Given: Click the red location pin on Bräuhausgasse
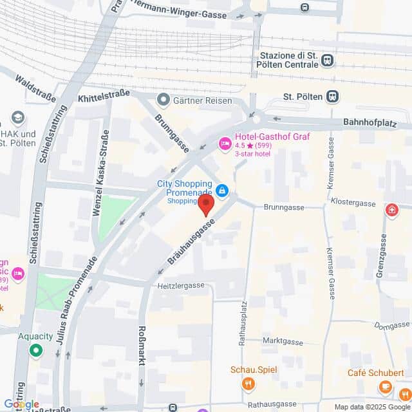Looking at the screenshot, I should (x=205, y=205).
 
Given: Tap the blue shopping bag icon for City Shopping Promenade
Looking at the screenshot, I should (x=222, y=191).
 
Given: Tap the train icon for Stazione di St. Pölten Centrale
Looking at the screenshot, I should (x=328, y=61).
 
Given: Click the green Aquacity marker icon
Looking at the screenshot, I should (x=35, y=351).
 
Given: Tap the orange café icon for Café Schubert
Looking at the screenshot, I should (x=385, y=387).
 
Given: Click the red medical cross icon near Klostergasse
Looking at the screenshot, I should (x=391, y=210).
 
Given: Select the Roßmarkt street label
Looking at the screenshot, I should (x=142, y=345).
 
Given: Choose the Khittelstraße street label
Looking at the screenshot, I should (x=104, y=98).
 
